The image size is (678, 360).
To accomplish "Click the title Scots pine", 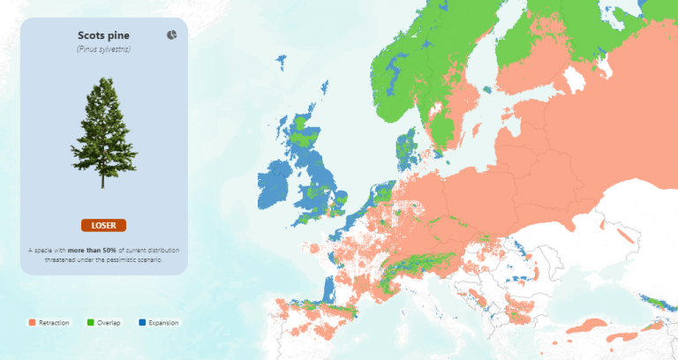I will click(x=103, y=35).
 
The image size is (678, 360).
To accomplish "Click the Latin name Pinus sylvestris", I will click(x=103, y=49).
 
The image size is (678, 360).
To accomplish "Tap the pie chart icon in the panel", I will click(x=171, y=34).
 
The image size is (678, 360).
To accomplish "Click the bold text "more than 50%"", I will click(x=91, y=251).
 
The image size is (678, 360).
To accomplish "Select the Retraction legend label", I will click(x=54, y=323).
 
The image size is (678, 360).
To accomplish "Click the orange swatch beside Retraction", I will click(x=33, y=323).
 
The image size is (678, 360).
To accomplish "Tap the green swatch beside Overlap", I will click(x=91, y=323).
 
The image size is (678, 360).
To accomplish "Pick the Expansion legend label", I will click(x=163, y=323).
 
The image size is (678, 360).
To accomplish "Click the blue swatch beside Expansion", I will click(x=142, y=323).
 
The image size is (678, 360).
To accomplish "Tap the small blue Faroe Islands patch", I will click(x=282, y=62).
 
